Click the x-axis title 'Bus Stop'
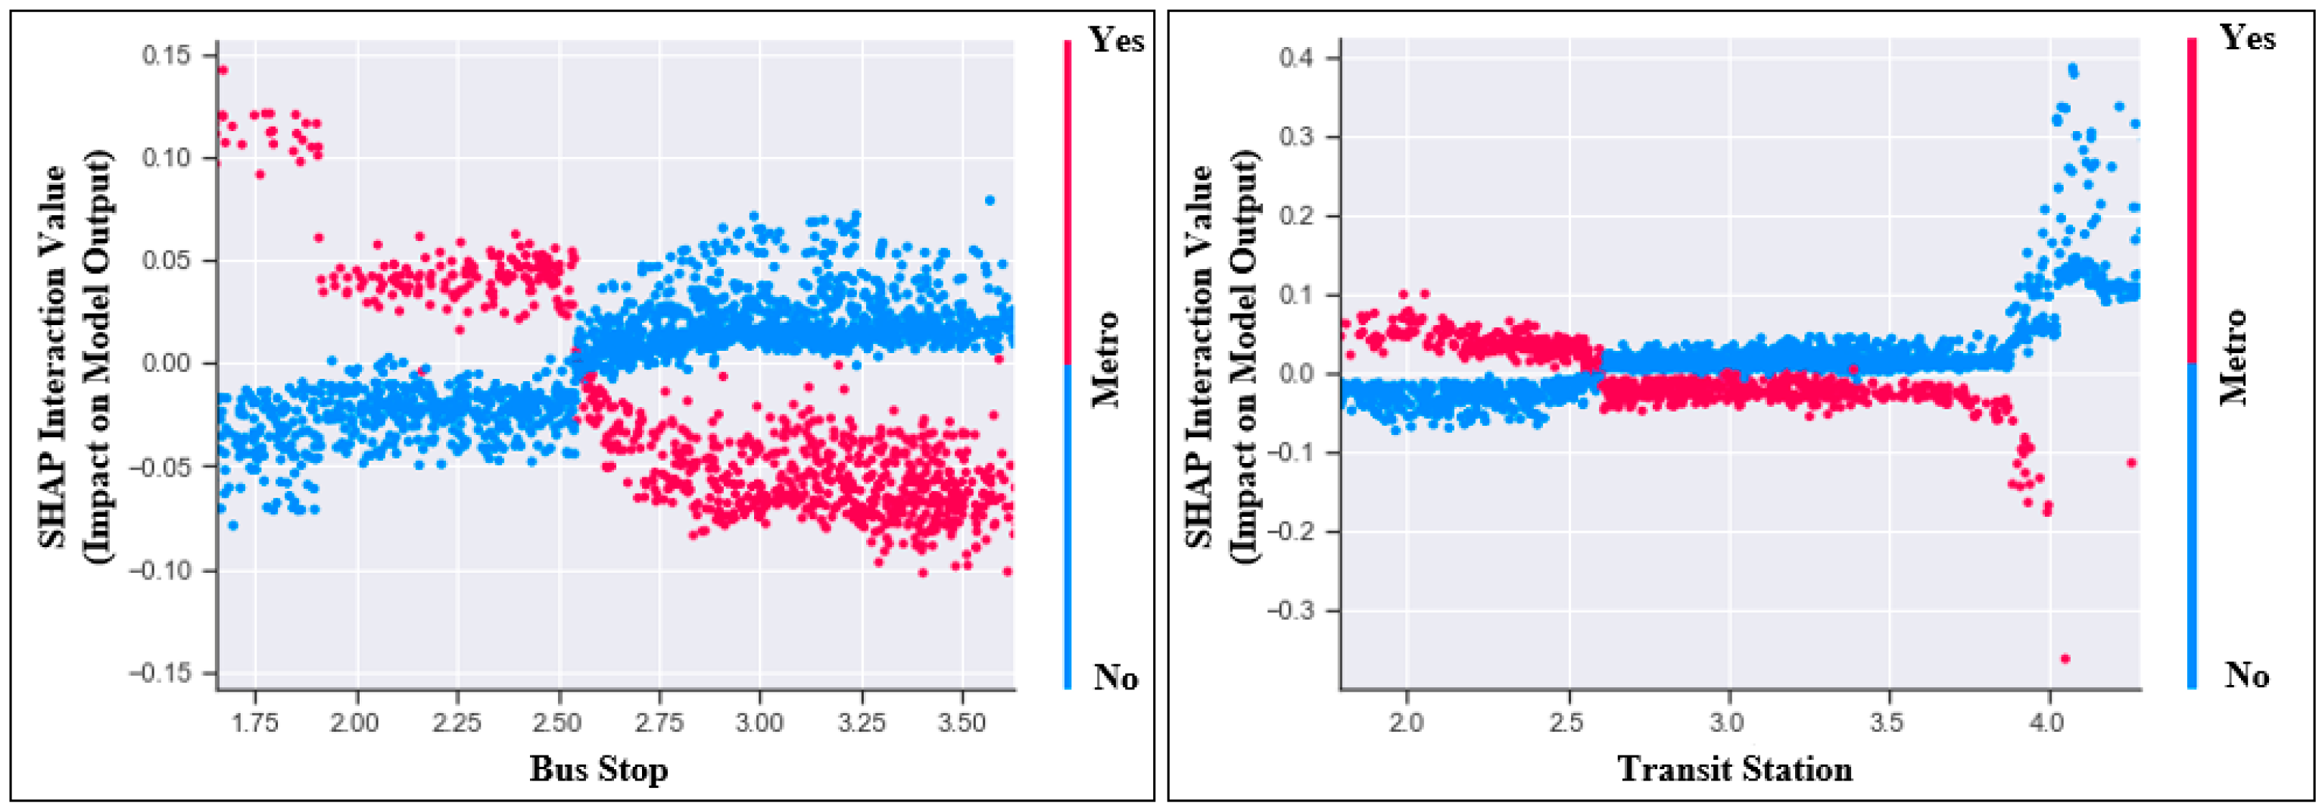pyautogui.click(x=599, y=768)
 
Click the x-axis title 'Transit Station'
pyautogui.click(x=1735, y=768)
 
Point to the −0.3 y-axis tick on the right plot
pyautogui.click(x=1290, y=611)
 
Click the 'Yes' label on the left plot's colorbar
pyautogui.click(x=1116, y=41)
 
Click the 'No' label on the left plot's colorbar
pyautogui.click(x=1115, y=677)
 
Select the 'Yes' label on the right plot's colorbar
pyautogui.click(x=2247, y=38)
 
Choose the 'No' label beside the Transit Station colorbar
pyautogui.click(x=2247, y=674)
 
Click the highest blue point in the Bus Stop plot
pyautogui.click(x=989, y=200)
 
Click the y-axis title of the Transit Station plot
pyautogui.click(x=1221, y=358)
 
